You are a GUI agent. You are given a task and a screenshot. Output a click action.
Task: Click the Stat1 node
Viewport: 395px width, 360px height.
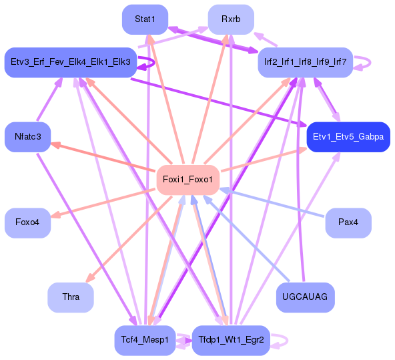coord(145,19)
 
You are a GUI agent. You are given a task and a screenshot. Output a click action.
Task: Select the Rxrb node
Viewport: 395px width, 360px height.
coord(230,19)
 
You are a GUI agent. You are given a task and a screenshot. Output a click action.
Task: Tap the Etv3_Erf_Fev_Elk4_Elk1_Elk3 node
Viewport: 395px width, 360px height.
coord(70,62)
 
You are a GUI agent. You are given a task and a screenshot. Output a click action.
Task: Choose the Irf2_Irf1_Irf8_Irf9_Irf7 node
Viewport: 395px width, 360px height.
coord(305,62)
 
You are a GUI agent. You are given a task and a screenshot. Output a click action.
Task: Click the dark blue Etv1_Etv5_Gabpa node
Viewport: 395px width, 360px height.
coord(348,137)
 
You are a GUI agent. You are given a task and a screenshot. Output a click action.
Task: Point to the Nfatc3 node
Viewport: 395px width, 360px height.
coord(27,137)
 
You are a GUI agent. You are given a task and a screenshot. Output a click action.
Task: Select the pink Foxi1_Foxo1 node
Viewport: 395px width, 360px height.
coord(187,180)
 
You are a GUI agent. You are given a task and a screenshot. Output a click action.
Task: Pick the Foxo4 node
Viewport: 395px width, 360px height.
coord(27,222)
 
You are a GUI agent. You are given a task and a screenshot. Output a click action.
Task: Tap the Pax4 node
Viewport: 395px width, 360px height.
coord(348,222)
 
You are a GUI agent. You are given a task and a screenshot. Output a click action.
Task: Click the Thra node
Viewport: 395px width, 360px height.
coord(70,297)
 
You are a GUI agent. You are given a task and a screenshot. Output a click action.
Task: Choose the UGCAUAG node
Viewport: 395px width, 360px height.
coord(305,297)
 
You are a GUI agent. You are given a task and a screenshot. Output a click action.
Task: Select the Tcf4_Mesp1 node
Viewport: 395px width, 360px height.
coord(145,339)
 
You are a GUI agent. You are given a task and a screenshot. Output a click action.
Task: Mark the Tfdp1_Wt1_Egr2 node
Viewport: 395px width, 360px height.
coord(230,339)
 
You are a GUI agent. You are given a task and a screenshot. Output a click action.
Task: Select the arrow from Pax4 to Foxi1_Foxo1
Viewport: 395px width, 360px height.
coord(274,203)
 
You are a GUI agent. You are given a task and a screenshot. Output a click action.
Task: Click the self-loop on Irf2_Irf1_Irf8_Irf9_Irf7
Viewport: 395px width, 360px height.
coord(364,62)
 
